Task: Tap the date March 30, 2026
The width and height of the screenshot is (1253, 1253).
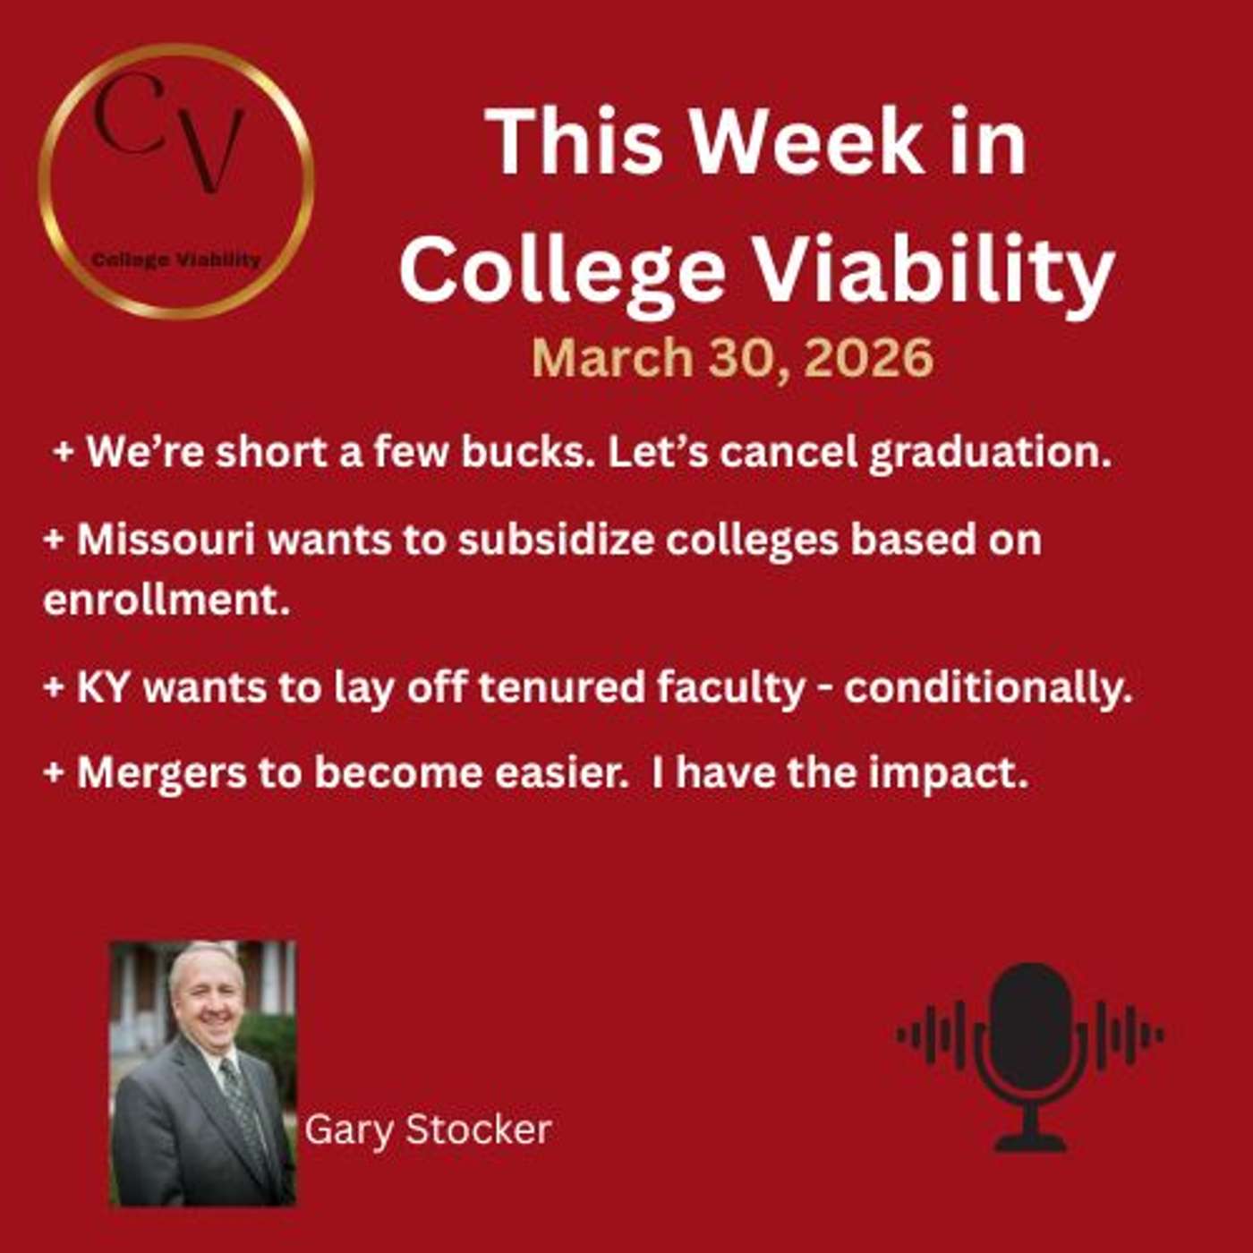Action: [732, 358]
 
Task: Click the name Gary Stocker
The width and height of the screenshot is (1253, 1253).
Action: [428, 1129]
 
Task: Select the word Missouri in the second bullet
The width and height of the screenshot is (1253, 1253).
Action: [166, 540]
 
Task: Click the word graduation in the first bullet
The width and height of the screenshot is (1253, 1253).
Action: [989, 452]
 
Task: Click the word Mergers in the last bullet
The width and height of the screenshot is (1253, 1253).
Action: [161, 772]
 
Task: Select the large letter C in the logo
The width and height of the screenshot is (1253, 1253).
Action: [130, 112]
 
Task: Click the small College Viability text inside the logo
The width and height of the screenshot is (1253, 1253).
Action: [176, 260]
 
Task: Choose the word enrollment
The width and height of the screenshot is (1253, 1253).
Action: [166, 600]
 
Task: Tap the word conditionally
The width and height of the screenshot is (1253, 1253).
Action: [988, 687]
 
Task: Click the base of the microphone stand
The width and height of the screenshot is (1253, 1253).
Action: [1030, 1143]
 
